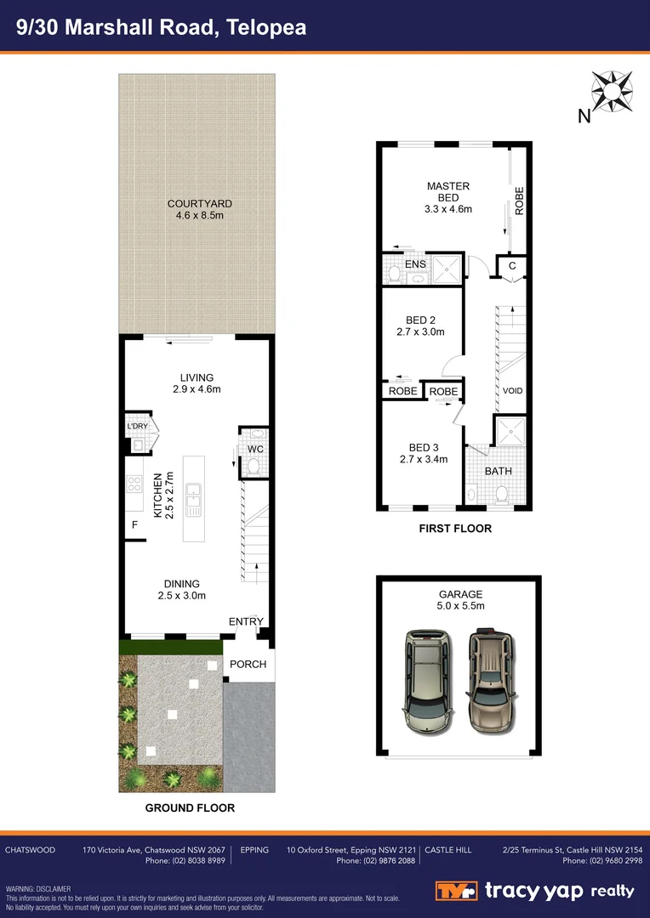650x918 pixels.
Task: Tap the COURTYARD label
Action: [x=200, y=209]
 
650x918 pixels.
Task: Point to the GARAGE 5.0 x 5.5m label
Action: [x=460, y=600]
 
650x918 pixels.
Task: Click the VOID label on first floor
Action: [x=512, y=391]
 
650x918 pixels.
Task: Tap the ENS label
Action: [x=415, y=264]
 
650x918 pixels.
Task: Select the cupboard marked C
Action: [x=512, y=266]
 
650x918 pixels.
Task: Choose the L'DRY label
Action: [x=136, y=426]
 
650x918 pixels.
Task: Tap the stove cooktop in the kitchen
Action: [x=134, y=484]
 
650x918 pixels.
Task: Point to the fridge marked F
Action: [x=134, y=525]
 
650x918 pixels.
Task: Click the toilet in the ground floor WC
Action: [x=253, y=466]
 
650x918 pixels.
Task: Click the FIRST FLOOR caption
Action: [x=455, y=529]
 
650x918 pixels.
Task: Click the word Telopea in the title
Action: [x=267, y=27]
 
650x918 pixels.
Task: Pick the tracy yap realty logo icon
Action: [x=458, y=891]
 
